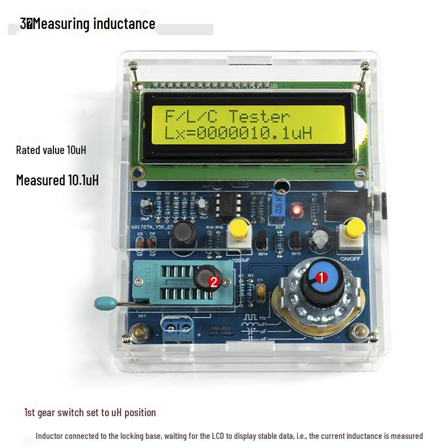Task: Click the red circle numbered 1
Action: click(x=321, y=278)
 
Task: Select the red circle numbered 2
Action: click(x=214, y=281)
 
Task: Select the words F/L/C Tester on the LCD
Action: click(x=227, y=118)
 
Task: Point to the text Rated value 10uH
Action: click(x=51, y=151)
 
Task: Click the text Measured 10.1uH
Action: click(x=57, y=180)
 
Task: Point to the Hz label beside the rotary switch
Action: click(x=263, y=317)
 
